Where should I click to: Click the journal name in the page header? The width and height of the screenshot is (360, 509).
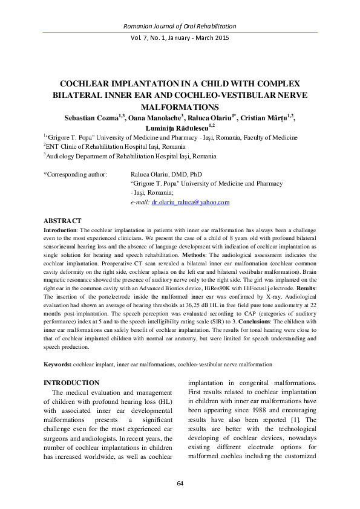coord(180,26)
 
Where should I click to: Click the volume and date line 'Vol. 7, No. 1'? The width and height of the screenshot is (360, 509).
coord(180,38)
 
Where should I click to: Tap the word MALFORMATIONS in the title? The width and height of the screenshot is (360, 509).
coord(180,106)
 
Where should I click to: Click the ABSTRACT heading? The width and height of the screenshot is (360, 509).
coord(63,221)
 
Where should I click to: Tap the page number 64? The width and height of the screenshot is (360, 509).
coord(180,483)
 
